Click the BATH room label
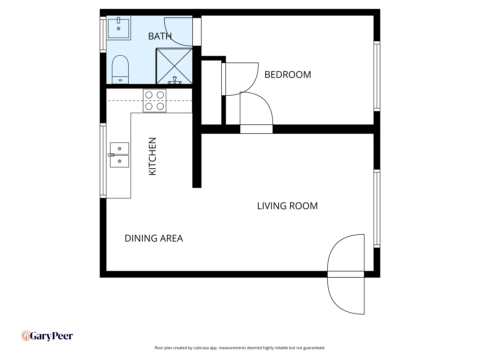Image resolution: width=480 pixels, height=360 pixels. [x=160, y=36]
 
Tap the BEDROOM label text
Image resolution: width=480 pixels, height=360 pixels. [x=288, y=75]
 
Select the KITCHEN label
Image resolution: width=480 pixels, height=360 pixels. [x=152, y=156]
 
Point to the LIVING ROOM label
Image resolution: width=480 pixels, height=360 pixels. [x=287, y=206]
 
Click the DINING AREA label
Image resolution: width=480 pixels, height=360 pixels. [x=154, y=238]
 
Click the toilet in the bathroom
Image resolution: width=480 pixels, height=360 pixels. [x=120, y=69]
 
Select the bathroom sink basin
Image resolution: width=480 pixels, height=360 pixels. [x=118, y=28]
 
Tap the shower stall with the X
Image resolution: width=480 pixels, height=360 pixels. [x=174, y=66]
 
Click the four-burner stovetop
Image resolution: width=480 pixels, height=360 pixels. [x=155, y=101]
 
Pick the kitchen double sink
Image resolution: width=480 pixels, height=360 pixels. [x=119, y=155]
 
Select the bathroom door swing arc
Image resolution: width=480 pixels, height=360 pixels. [x=178, y=32]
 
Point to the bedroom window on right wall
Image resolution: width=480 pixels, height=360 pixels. [x=377, y=76]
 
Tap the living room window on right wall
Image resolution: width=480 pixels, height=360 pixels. [x=377, y=208]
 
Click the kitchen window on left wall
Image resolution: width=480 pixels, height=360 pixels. [x=103, y=160]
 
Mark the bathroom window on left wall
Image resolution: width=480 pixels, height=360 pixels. [x=103, y=34]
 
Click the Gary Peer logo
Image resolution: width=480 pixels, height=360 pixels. [x=47, y=336]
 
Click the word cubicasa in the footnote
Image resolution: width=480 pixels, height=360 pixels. [x=201, y=348]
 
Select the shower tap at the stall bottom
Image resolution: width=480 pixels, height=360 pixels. [x=175, y=80]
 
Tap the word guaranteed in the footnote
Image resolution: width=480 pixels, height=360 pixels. [x=314, y=348]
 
